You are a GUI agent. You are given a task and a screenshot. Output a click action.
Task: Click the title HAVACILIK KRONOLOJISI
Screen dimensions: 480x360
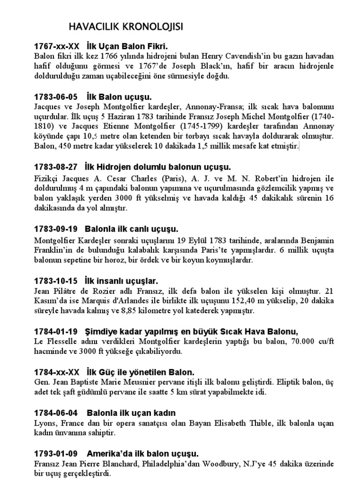[x=126, y=27]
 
